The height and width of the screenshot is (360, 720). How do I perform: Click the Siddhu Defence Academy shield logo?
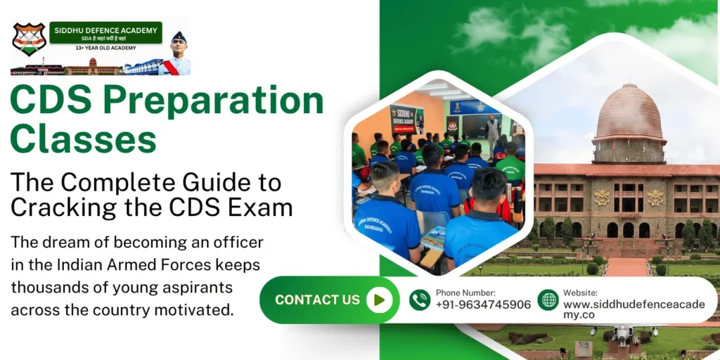point(29,39)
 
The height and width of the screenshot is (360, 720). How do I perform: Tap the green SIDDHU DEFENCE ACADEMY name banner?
point(105,32)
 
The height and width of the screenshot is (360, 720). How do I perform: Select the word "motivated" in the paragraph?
point(199,309)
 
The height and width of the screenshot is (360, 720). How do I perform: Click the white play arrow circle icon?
point(379,300)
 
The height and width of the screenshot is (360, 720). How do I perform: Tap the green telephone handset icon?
point(420,300)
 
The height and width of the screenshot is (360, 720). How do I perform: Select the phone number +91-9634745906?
point(483,305)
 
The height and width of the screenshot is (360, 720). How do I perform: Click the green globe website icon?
point(548,300)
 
